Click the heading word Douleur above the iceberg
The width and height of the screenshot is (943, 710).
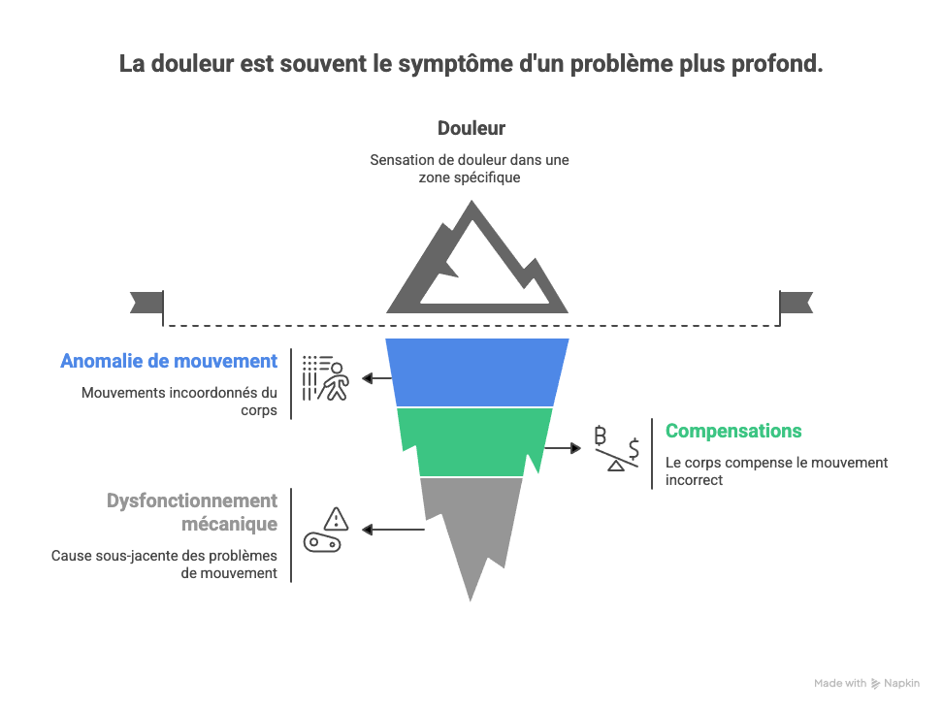pyautogui.click(x=471, y=128)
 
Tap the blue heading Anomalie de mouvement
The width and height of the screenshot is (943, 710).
pyautogui.click(x=169, y=361)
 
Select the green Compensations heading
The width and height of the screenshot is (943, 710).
pyautogui.click(x=733, y=431)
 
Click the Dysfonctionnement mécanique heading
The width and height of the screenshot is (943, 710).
pyautogui.click(x=192, y=512)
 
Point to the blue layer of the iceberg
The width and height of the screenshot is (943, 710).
pyautogui.click(x=476, y=371)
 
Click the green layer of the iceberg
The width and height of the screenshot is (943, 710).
pyautogui.click(x=474, y=441)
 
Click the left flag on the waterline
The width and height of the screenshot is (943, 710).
pyautogui.click(x=146, y=303)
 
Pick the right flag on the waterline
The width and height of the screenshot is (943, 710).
pyautogui.click(x=797, y=303)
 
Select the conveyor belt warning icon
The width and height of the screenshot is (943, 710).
pyautogui.click(x=327, y=530)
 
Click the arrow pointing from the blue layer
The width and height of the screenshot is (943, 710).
pyautogui.click(x=374, y=378)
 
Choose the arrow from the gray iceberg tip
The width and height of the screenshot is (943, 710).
pyautogui.click(x=393, y=530)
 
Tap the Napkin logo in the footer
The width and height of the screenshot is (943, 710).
pyautogui.click(x=894, y=683)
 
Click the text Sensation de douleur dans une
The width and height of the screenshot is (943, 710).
pyautogui.click(x=470, y=160)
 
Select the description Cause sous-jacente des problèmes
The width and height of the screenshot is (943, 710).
pyautogui.click(x=164, y=556)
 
